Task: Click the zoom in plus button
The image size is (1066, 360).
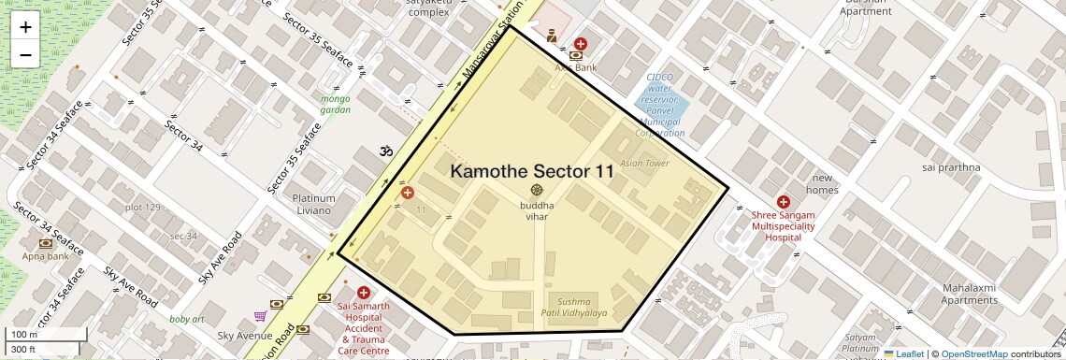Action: coord(25,27)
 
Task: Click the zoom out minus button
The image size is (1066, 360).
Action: coord(25,54)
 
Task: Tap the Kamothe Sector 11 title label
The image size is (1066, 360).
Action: coord(532,171)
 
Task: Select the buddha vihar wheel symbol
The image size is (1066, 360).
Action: coord(537,190)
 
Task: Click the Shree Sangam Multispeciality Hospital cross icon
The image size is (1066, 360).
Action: coord(784,201)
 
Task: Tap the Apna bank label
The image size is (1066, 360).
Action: coord(46,255)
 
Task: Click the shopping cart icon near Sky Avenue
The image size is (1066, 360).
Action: coord(260,316)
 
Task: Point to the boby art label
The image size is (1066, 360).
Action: coord(187,319)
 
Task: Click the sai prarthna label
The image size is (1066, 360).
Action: coord(950,167)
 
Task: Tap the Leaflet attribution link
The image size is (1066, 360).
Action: coord(903,353)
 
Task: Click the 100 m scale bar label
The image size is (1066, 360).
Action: coord(23,334)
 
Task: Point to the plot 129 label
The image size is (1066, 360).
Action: coord(143,207)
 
